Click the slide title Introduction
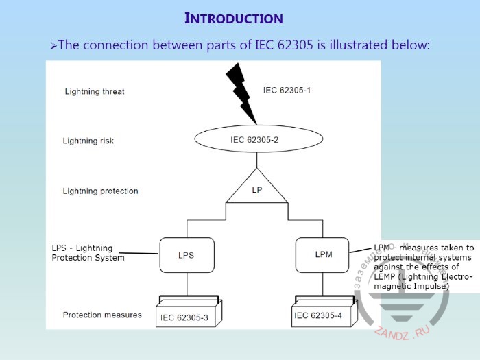pos(234,19)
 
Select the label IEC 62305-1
pos(287,90)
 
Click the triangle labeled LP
pos(256,189)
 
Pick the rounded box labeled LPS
pos(186,254)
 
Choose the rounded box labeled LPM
pos(324,254)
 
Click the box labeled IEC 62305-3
pos(184,315)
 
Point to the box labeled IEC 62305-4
pos(320,315)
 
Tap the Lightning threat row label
pos(95,91)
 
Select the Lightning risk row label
pos(88,141)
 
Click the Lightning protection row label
pos(100,191)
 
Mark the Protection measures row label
pos(102,315)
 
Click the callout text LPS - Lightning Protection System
pos(88,253)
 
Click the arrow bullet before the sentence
pos(53,46)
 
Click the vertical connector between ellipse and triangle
pos(256,161)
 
